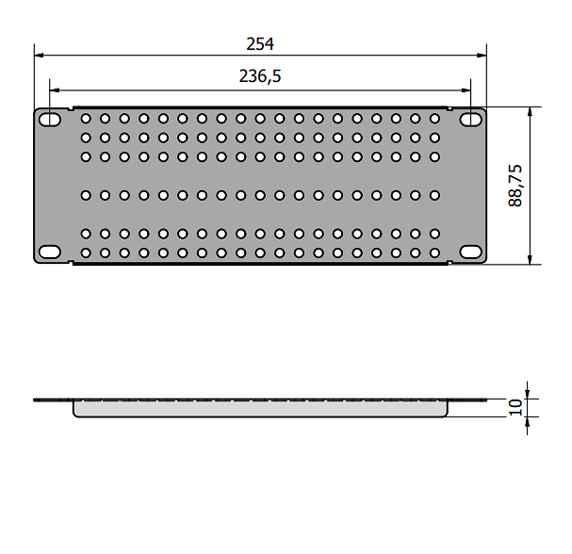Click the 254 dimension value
[x=260, y=43]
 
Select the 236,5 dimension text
[x=260, y=76]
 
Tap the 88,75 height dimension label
[x=515, y=186]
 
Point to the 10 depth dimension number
[x=515, y=407]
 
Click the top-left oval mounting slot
[x=50, y=120]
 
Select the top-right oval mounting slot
[x=470, y=120]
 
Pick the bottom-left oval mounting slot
[x=50, y=252]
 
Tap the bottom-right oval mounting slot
[x=470, y=252]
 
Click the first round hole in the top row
[x=86, y=119]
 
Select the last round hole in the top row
[x=434, y=119]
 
